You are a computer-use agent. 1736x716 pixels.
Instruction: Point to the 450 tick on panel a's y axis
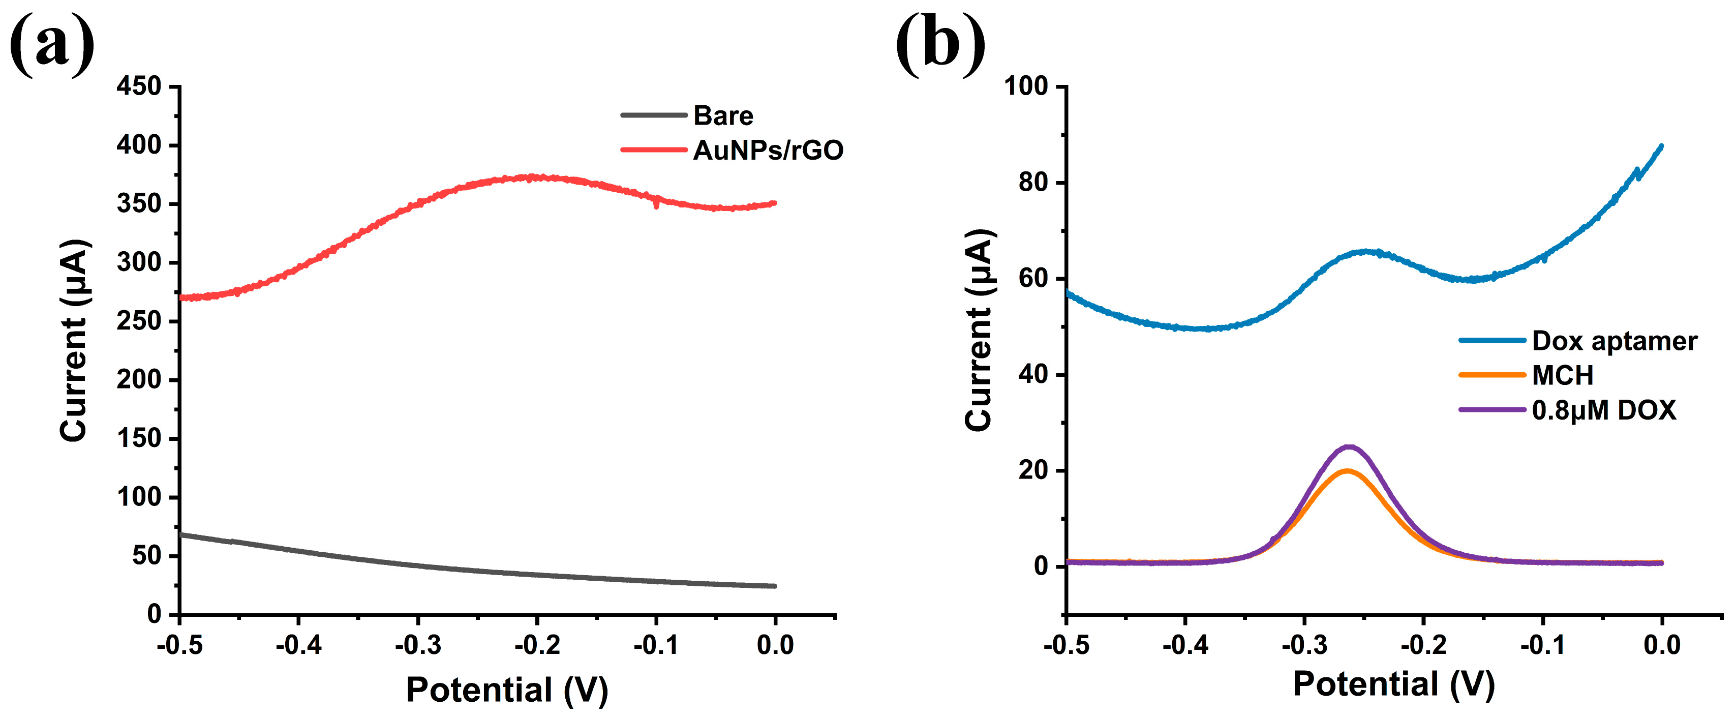click(139, 86)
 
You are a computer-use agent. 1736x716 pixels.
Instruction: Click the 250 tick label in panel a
click(139, 321)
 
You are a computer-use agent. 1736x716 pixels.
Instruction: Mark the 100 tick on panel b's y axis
click(1026, 86)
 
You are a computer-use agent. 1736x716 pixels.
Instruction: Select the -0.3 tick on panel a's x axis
click(418, 645)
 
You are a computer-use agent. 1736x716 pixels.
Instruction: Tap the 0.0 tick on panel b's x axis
click(1662, 645)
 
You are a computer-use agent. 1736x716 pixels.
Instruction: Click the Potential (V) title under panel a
click(507, 689)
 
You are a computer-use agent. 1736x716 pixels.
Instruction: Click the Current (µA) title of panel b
click(979, 331)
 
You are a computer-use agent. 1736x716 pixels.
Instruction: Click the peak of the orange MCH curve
click(1347, 470)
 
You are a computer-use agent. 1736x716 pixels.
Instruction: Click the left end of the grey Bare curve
click(180, 534)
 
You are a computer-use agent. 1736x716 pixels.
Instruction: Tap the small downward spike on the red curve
click(657, 205)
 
